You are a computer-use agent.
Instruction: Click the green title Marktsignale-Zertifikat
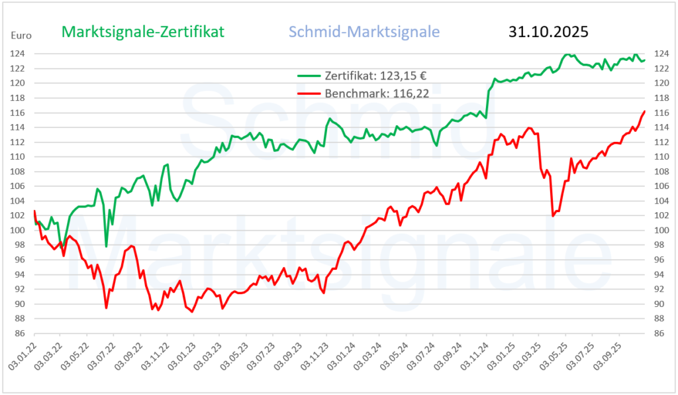(143, 32)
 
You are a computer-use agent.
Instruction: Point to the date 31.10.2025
(548, 32)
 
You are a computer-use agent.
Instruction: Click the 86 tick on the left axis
(21, 334)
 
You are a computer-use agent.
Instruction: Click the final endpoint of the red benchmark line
(645, 111)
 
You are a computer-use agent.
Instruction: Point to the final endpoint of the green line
(645, 60)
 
